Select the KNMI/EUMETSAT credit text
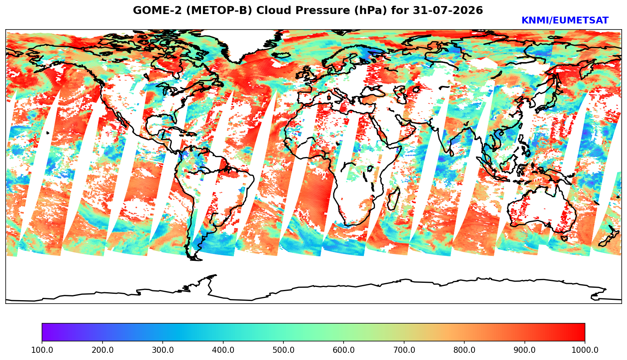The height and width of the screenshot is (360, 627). [565, 20]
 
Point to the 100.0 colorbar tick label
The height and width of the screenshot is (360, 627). [42, 350]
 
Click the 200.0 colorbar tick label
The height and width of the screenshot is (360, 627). [103, 350]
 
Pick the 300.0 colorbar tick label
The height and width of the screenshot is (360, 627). [163, 350]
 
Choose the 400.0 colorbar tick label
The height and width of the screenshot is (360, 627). [223, 350]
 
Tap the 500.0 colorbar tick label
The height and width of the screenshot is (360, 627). [283, 350]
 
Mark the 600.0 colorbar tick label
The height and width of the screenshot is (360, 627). [344, 350]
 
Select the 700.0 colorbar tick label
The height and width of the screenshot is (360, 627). [404, 350]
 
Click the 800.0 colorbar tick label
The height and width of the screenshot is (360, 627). [464, 350]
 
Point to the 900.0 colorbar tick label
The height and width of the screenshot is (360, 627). [524, 350]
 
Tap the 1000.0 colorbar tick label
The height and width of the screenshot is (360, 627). [585, 350]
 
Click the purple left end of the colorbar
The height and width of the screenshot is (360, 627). [43, 332]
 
